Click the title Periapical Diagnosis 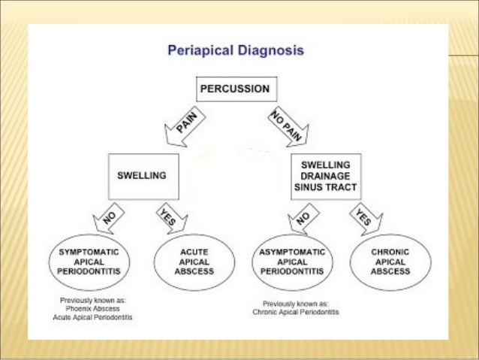[234, 53]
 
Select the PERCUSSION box [233, 89]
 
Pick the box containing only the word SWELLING [143, 177]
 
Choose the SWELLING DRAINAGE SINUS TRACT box [325, 177]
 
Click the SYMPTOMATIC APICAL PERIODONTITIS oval [94, 262]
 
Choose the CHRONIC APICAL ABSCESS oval [390, 262]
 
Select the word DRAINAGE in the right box [325, 177]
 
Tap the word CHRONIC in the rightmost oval [390, 252]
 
